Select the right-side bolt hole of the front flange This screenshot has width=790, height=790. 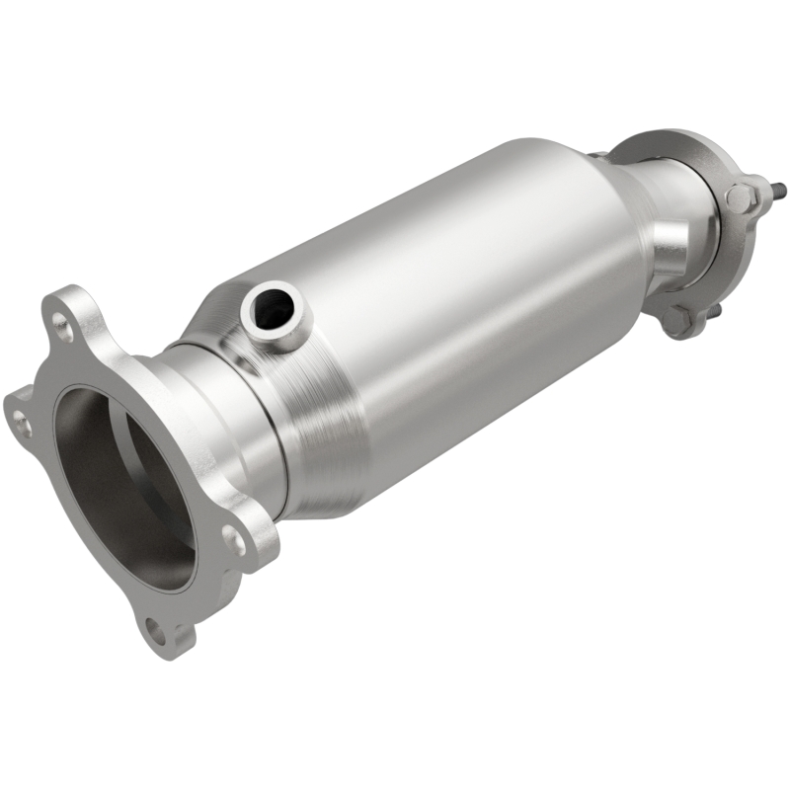(234, 539)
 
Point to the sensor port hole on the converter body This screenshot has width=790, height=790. (273, 308)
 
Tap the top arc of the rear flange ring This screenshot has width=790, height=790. (671, 138)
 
